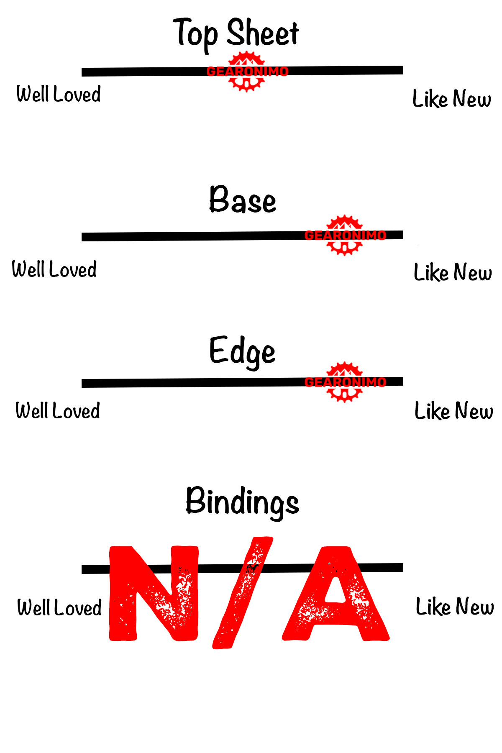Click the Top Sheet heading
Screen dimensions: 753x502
pos(236,33)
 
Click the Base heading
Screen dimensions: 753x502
pos(243,200)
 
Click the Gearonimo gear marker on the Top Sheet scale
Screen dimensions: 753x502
pos(247,71)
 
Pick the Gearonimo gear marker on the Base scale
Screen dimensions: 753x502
pos(344,235)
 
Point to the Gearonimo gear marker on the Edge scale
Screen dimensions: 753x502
pos(344,382)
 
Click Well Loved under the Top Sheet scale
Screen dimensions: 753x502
pos(59,94)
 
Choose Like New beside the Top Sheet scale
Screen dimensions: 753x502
pos(452,99)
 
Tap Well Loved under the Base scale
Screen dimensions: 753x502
pos(54,269)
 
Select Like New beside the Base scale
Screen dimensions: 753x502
pos(453,272)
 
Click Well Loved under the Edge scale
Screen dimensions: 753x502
pos(58,410)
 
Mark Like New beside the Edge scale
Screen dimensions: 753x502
pos(453,411)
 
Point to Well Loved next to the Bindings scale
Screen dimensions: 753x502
pos(59,607)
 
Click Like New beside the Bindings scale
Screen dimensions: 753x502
pos(455,607)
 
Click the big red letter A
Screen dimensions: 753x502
pos(336,594)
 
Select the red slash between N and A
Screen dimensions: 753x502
pos(243,592)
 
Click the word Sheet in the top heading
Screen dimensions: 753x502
pos(263,33)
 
